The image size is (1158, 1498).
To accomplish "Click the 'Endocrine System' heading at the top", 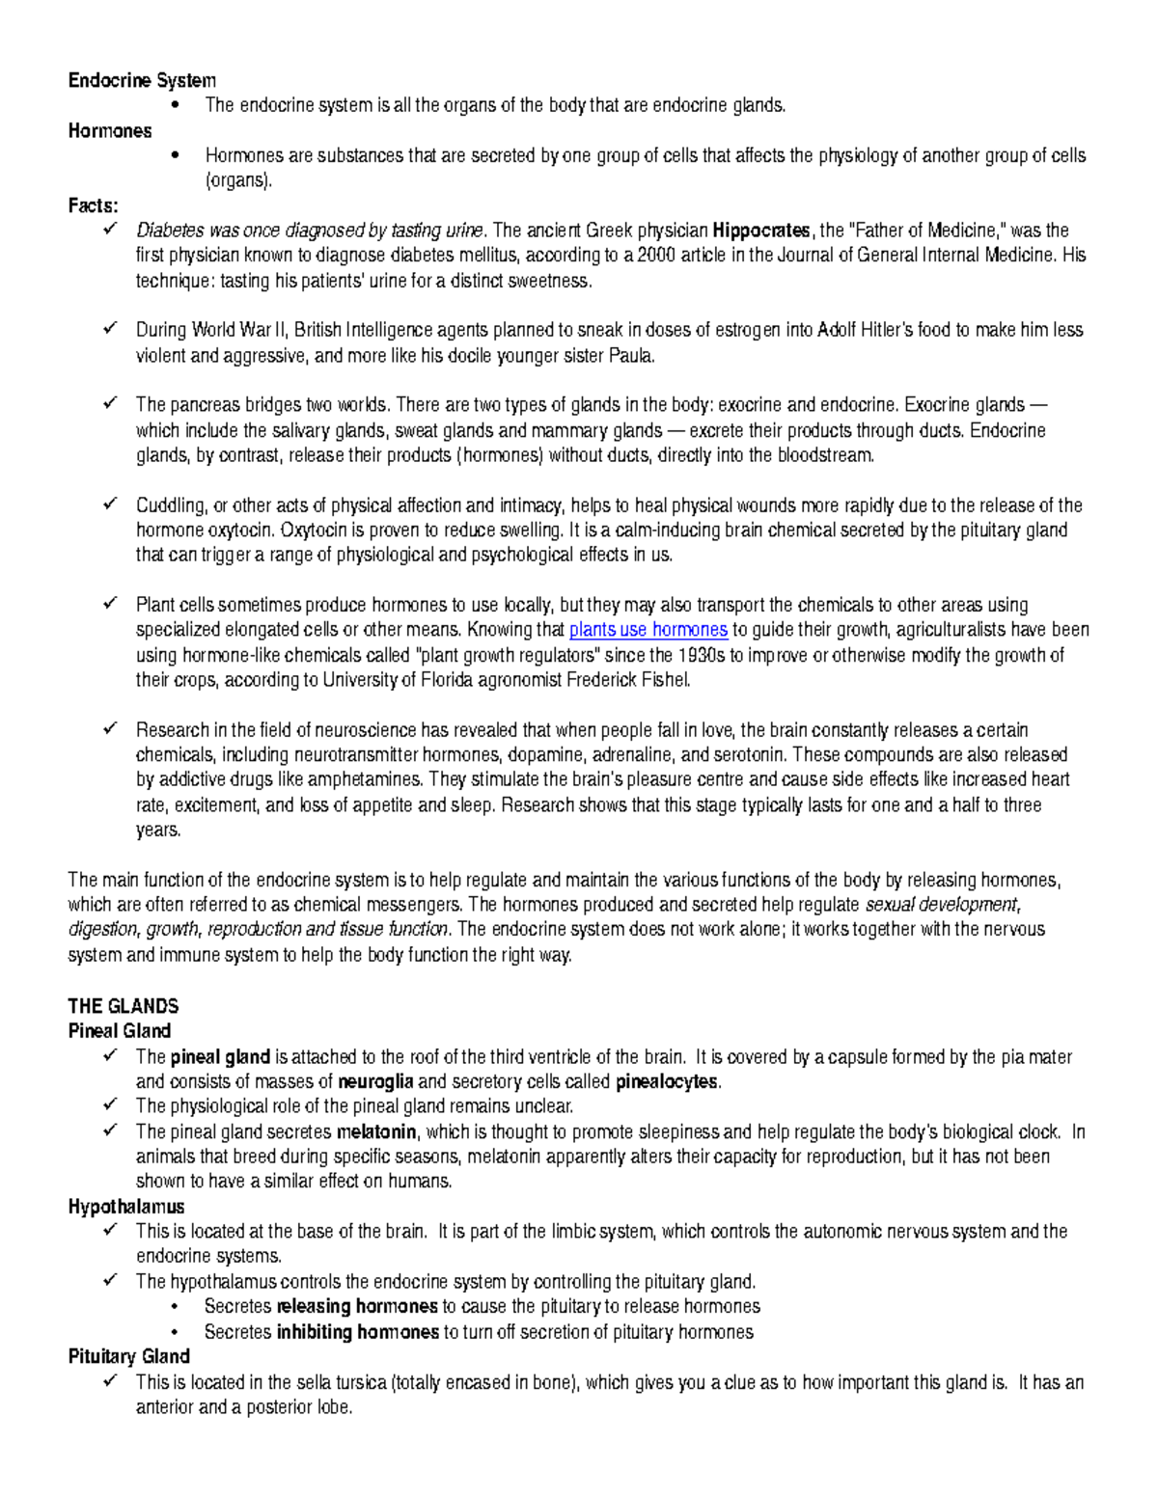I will tap(142, 80).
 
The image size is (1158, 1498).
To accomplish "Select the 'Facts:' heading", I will tap(93, 205).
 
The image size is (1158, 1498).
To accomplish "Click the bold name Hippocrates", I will tap(760, 231).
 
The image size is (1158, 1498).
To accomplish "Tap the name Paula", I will tap(631, 356).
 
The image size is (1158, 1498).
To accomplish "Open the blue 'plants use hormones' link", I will tap(648, 631).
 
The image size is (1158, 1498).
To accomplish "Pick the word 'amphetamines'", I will tap(372, 780).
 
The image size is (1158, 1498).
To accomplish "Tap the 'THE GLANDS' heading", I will tap(123, 1006).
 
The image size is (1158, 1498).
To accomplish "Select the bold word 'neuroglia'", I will tap(375, 1082).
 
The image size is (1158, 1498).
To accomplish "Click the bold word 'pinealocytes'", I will tap(667, 1082).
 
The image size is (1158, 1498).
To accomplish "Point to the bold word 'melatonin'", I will tap(375, 1132).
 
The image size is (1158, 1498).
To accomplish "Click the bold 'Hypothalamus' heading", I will tap(125, 1207).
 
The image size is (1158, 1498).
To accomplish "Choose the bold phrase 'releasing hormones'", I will tap(357, 1307).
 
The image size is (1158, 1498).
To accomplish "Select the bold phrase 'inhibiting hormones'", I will tap(357, 1333).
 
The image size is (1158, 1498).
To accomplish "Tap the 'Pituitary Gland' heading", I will tap(128, 1357).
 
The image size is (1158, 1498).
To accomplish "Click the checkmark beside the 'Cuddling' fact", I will tap(109, 504).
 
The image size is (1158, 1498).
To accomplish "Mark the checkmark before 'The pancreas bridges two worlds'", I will tap(109, 403).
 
